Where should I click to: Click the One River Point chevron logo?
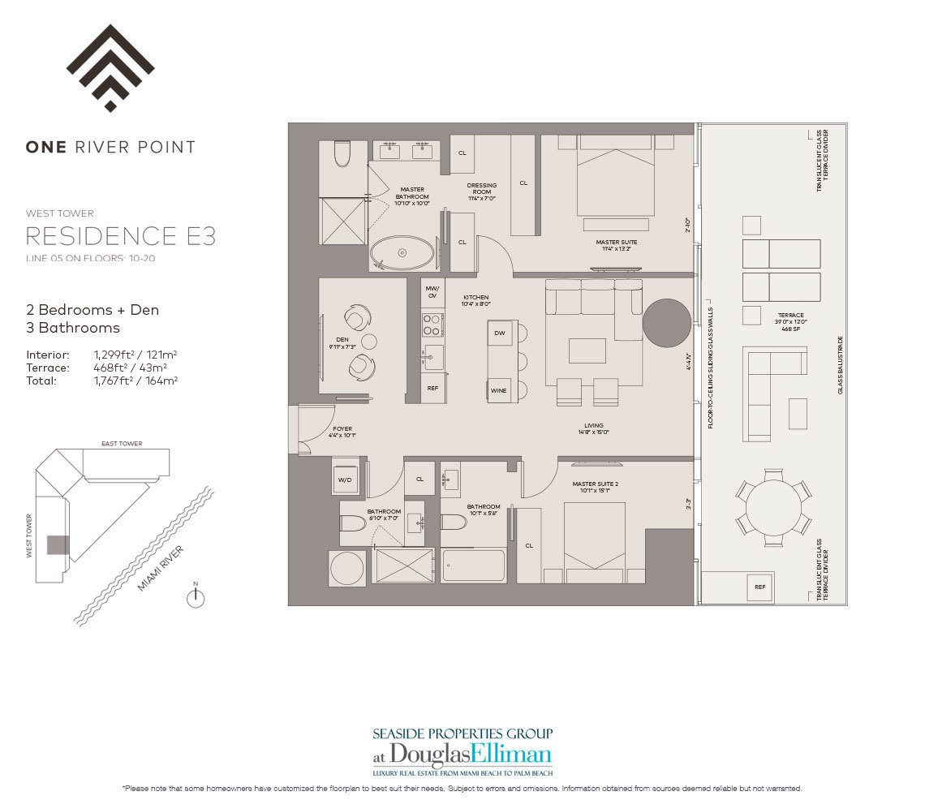pyautogui.click(x=110, y=68)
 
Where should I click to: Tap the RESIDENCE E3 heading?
pyautogui.click(x=121, y=236)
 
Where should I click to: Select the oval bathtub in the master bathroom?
pyautogui.click(x=402, y=253)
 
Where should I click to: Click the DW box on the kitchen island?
pyautogui.click(x=499, y=333)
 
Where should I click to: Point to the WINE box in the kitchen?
pyautogui.click(x=498, y=390)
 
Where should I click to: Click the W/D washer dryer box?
pyautogui.click(x=345, y=479)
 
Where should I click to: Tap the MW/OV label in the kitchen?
pyautogui.click(x=432, y=292)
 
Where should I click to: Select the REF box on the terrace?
pyautogui.click(x=759, y=587)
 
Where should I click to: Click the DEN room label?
pyautogui.click(x=342, y=341)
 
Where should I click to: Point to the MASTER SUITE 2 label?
pyautogui.click(x=592, y=485)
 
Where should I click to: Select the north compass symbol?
pyautogui.click(x=196, y=597)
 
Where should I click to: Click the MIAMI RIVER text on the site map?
pyautogui.click(x=161, y=568)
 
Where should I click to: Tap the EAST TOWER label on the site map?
pyautogui.click(x=122, y=444)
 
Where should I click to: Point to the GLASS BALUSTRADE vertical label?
pyautogui.click(x=841, y=364)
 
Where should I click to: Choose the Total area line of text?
pyautogui.click(x=101, y=380)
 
